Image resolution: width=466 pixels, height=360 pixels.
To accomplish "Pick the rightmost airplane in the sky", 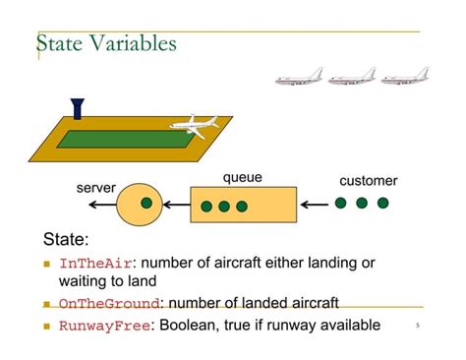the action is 404,76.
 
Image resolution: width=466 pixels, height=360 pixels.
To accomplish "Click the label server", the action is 96,187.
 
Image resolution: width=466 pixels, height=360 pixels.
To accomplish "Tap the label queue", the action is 242,178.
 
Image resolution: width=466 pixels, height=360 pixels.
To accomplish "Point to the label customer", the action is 368,181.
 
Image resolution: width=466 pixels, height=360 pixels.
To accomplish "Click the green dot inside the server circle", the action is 146,204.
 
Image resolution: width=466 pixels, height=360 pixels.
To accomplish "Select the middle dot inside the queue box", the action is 224,208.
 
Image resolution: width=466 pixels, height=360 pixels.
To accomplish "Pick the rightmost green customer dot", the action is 382,204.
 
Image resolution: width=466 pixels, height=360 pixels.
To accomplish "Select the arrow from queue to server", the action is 176,205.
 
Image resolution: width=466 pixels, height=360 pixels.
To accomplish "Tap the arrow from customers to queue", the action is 314,205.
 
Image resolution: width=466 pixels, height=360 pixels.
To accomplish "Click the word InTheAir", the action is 95,264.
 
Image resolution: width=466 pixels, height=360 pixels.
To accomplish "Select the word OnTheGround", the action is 108,305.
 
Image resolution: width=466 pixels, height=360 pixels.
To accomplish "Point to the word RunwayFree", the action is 104,326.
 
